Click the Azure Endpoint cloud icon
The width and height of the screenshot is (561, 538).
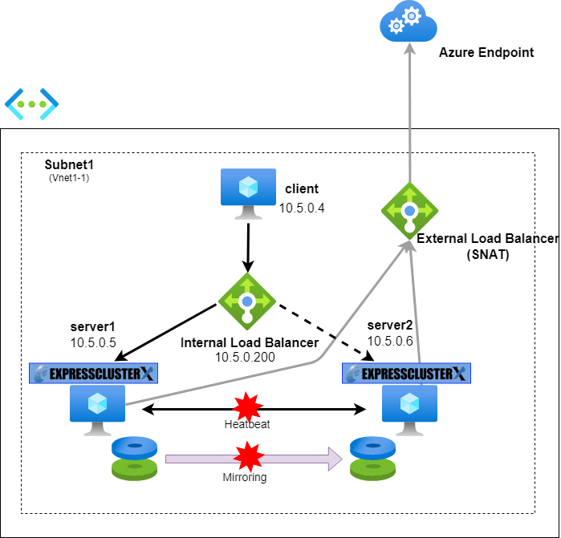point(408,22)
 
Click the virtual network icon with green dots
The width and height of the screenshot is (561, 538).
point(31,103)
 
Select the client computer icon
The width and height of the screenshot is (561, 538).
point(248,192)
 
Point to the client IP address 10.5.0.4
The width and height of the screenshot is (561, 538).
point(301,208)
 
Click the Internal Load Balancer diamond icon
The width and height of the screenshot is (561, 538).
point(247,301)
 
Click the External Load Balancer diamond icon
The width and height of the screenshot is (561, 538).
point(409,210)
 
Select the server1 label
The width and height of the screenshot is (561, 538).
point(93,326)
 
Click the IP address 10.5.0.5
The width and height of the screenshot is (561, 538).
point(93,342)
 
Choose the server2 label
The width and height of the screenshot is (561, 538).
point(390,325)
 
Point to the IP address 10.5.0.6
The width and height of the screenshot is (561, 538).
point(390,341)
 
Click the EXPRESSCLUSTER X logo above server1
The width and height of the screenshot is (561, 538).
point(94,373)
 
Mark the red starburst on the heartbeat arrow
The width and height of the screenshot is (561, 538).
point(248,407)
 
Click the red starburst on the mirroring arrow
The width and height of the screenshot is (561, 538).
point(248,458)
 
